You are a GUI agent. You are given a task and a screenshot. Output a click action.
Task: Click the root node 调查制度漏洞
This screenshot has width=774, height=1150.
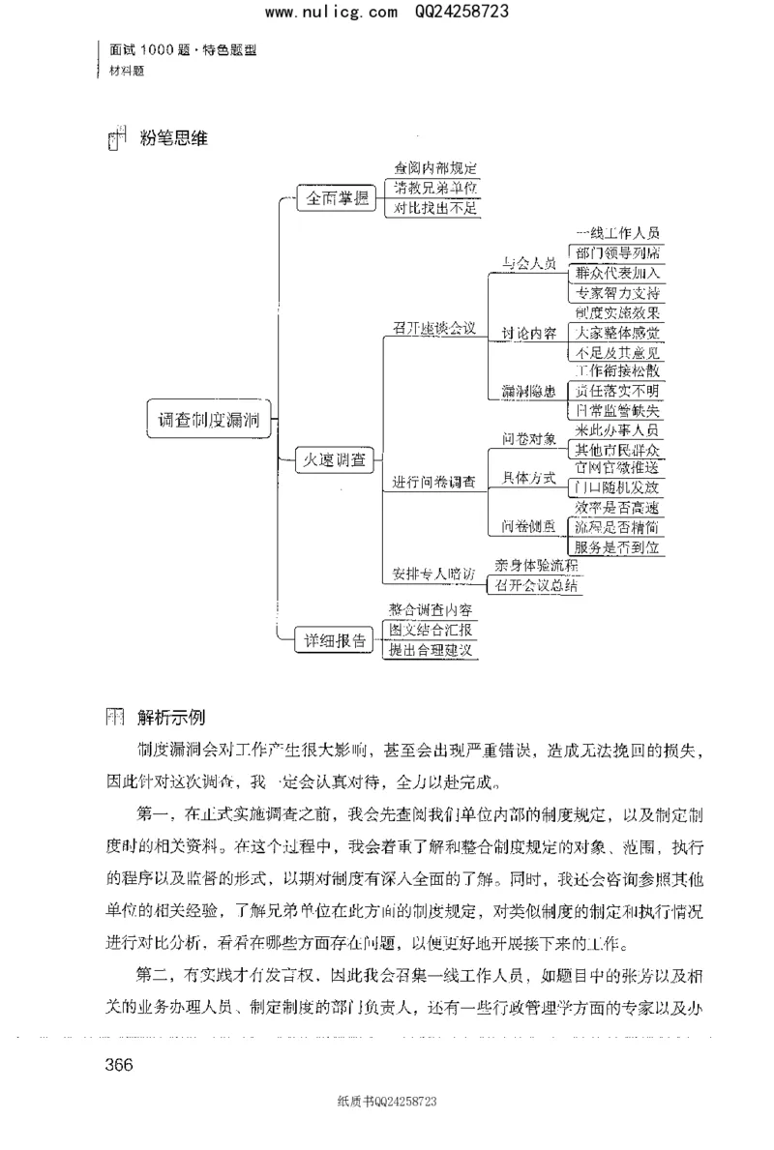[x=208, y=420]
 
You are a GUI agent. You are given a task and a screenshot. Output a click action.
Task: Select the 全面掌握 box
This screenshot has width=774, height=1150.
[x=338, y=199]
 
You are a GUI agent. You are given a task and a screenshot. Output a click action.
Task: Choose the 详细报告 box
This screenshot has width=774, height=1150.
[x=336, y=639]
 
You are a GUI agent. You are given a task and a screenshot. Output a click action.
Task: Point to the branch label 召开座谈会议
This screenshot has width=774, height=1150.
[x=434, y=328]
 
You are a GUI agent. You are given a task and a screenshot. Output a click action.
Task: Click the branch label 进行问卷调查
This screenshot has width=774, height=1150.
[x=433, y=481]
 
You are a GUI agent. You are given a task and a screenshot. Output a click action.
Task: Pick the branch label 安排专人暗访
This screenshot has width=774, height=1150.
[x=433, y=573]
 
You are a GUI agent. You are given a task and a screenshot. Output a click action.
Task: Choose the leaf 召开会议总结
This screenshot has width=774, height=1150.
[x=538, y=586]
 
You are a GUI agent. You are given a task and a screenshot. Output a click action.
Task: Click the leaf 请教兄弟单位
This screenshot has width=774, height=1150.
[x=432, y=188]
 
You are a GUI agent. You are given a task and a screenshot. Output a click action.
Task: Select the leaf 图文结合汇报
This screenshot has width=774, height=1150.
[x=432, y=631]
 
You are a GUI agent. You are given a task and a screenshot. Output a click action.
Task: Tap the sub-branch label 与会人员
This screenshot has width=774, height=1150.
[x=528, y=263]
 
